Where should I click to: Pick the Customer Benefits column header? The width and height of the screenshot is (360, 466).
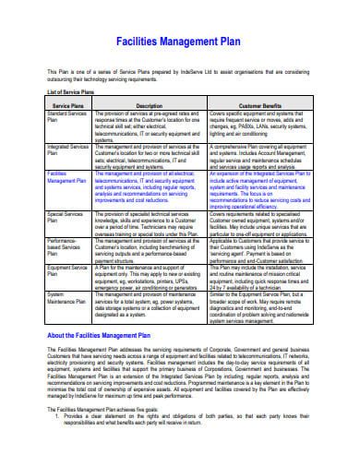[x=263, y=106]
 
